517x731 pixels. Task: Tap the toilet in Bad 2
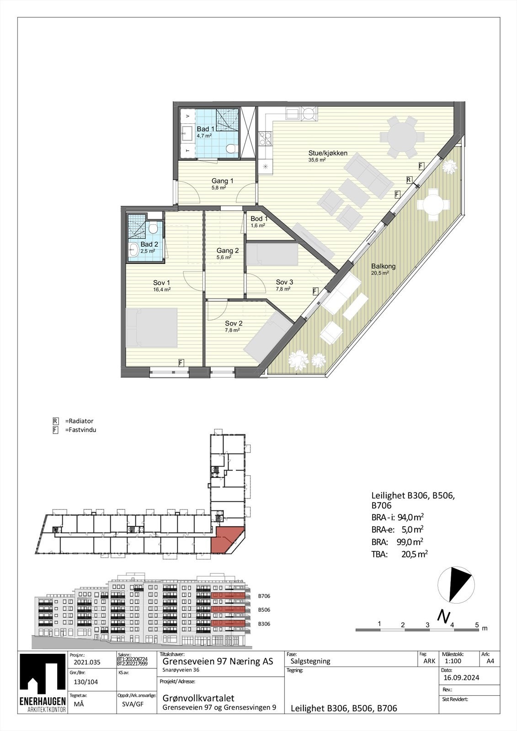click(x=153, y=228)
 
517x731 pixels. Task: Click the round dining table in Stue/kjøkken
click(x=403, y=136)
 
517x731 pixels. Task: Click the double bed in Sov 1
click(x=151, y=327)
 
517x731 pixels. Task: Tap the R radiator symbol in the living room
click(x=409, y=180)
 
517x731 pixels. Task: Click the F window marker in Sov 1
click(x=181, y=363)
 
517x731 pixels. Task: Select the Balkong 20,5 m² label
click(x=383, y=269)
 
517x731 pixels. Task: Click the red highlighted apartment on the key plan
click(x=227, y=540)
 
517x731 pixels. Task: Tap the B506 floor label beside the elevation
click(x=264, y=610)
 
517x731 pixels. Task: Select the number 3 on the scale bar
click(x=427, y=625)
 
